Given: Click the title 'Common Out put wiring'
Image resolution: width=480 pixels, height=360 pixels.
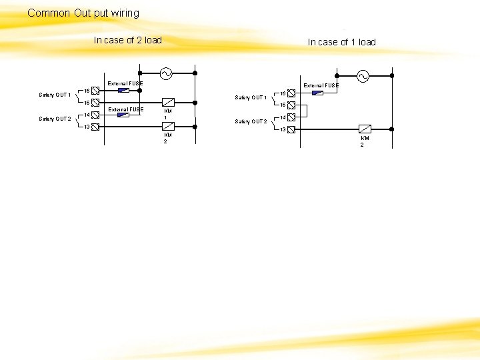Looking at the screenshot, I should pyautogui.click(x=83, y=13).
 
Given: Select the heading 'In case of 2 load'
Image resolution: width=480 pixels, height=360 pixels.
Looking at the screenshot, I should pyautogui.click(x=127, y=40).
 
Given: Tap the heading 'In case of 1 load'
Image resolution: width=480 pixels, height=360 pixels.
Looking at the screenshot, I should pyautogui.click(x=341, y=42).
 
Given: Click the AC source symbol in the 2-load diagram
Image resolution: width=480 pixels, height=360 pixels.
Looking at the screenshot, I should pyautogui.click(x=163, y=73).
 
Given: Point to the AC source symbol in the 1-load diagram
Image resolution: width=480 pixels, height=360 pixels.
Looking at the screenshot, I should pyautogui.click(x=363, y=75).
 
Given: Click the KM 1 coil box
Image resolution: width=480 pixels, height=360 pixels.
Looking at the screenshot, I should pyautogui.click(x=168, y=103).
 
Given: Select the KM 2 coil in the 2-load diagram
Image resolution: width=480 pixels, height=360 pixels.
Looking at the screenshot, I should pyautogui.click(x=168, y=126).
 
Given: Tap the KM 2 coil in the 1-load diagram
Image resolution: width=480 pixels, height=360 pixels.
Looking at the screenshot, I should pyautogui.click(x=365, y=129).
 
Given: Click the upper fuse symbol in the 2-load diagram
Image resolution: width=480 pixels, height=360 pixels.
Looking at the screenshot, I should pyautogui.click(x=123, y=90).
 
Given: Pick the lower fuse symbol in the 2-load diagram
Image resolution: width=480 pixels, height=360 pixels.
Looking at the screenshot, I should pyautogui.click(x=123, y=115).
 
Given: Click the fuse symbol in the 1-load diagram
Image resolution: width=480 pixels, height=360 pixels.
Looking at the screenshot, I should pyautogui.click(x=317, y=93).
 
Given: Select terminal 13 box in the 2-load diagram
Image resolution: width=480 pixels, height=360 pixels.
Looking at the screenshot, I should pyautogui.click(x=95, y=127).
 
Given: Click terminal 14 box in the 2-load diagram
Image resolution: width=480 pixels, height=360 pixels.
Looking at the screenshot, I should pyautogui.click(x=95, y=115).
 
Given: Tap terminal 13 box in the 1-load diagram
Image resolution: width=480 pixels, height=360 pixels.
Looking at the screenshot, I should pyautogui.click(x=292, y=129).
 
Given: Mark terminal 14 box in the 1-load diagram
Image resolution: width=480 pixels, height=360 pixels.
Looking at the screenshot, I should pyautogui.click(x=292, y=117).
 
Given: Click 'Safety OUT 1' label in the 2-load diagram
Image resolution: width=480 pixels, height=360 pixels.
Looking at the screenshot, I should pyautogui.click(x=54, y=95).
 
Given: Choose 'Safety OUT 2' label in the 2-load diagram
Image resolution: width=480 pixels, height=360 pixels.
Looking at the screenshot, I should pyautogui.click(x=54, y=119).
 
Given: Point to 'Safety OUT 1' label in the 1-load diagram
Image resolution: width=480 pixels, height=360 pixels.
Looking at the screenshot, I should pyautogui.click(x=251, y=98).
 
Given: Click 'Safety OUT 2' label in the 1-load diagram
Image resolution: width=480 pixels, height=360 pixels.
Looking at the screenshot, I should pyautogui.click(x=251, y=122).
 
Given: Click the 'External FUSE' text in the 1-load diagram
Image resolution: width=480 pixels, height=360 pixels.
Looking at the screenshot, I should pyautogui.click(x=321, y=85).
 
